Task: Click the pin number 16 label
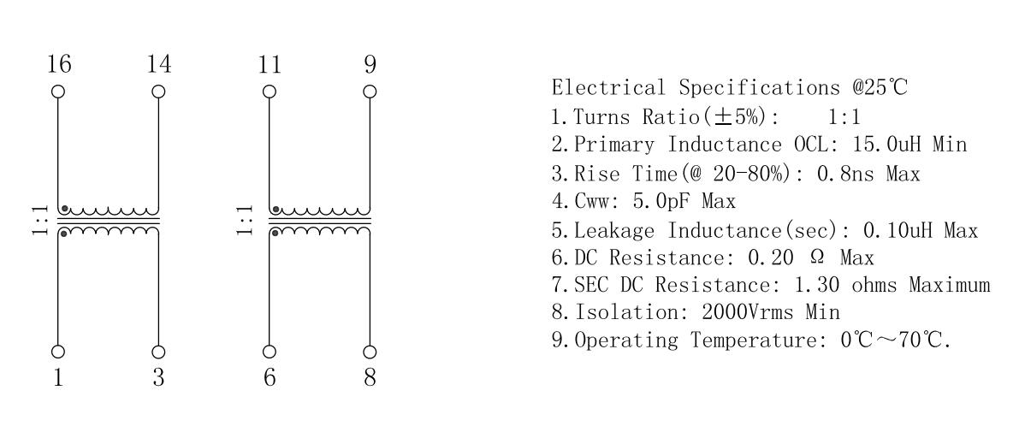tap(59, 66)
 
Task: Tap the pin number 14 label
tap(158, 66)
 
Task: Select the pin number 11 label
tap(270, 66)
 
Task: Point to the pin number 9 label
tap(370, 66)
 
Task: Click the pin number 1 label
tap(59, 377)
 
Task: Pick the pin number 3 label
tap(158, 377)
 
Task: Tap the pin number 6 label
tap(270, 377)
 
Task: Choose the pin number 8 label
tap(370, 377)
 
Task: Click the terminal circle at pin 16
tap(59, 91)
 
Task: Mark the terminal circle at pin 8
tap(370, 352)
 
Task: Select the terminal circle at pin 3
tap(158, 352)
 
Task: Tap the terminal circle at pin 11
tap(270, 91)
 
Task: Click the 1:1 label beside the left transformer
tap(39, 222)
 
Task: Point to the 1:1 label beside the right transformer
tap(245, 222)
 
